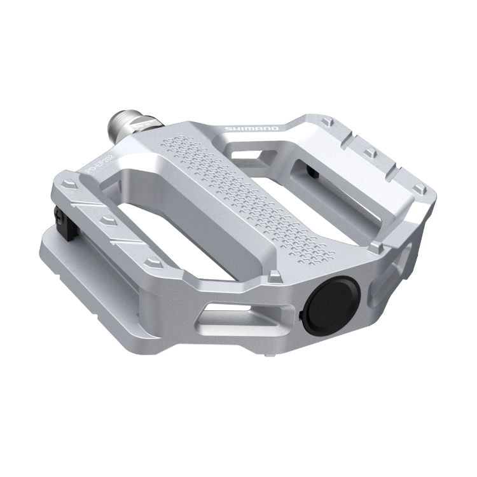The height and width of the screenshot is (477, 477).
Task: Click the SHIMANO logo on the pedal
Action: click(251, 130)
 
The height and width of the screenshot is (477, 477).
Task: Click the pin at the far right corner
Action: click(418, 189)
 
